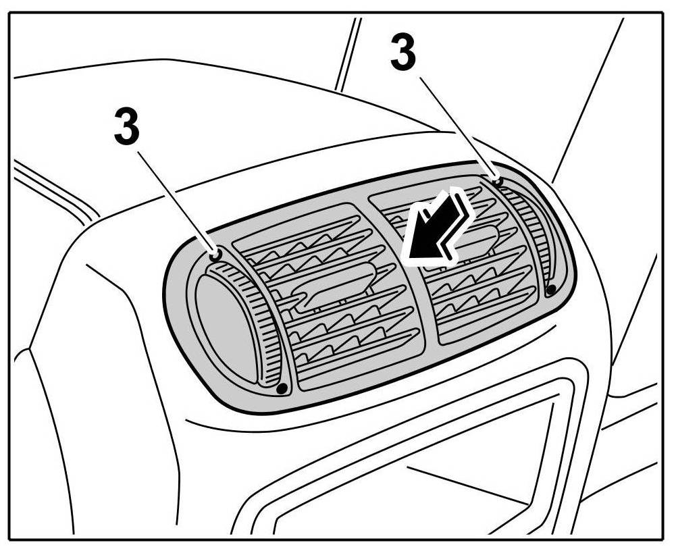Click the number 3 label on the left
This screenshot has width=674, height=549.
[127, 126]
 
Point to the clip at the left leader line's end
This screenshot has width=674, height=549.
[215, 255]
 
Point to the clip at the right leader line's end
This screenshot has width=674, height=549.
[497, 180]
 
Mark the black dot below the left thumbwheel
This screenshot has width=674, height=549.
[282, 388]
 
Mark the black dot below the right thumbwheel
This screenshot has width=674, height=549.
[550, 290]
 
